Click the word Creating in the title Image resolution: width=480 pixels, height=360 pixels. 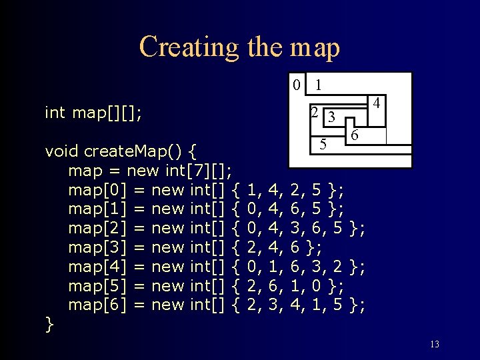point(188,47)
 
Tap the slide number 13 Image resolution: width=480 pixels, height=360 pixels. point(434,344)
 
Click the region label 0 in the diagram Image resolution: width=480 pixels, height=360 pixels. point(297,85)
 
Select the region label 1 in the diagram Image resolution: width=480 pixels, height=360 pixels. point(319,85)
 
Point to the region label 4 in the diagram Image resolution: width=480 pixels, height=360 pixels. point(377,104)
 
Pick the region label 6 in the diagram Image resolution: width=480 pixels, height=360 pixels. point(355,135)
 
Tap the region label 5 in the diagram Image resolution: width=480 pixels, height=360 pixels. point(323,143)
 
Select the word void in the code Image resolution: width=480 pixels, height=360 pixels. point(61,151)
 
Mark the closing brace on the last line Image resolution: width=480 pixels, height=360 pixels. point(49,324)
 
